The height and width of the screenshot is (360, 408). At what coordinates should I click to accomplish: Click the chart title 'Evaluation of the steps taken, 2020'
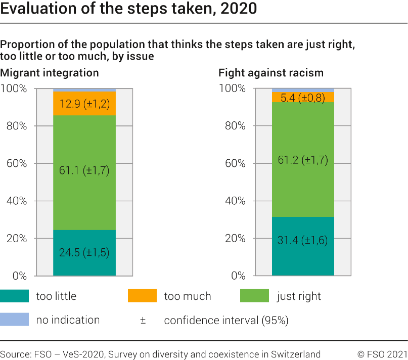coord(128,9)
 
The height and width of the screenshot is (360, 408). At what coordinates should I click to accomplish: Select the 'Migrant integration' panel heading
coord(50,73)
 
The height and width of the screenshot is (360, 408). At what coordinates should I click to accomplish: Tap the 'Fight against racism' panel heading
coord(270,73)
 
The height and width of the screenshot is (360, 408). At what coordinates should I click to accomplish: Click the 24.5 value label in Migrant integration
coord(84,252)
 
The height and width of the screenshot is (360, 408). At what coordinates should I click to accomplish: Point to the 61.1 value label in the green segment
coord(84,170)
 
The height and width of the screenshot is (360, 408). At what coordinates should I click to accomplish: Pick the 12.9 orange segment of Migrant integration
coord(84,104)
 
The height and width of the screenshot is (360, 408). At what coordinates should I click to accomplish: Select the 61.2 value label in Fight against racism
coord(303,160)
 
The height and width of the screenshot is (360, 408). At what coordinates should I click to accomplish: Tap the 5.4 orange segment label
coord(303,97)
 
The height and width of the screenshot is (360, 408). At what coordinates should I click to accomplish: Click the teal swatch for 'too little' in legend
coord(15,296)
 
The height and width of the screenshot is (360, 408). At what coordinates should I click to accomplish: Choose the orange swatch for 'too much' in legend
coord(143,296)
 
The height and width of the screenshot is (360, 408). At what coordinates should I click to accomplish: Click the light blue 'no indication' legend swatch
coord(15,320)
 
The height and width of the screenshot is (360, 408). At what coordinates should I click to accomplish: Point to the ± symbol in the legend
coord(143,320)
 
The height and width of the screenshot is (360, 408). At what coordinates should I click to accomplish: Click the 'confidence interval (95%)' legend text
coord(226,320)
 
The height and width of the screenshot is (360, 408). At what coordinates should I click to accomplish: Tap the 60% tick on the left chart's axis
coord(17,163)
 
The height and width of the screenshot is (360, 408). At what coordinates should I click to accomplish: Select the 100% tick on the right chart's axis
coord(233,88)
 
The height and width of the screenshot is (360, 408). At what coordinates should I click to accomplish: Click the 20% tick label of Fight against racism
coord(235,238)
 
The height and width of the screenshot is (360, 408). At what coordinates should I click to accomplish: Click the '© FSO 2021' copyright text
coord(382,353)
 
